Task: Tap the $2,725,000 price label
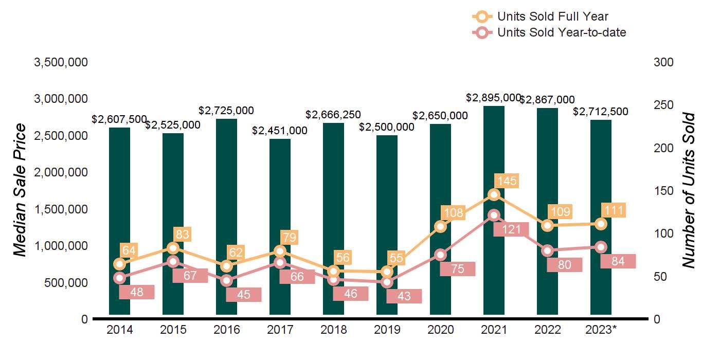(226, 111)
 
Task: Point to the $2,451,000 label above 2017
(280, 131)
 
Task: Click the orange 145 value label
(506, 181)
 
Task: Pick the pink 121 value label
(511, 229)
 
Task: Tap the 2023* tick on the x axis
(601, 330)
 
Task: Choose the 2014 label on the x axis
(119, 330)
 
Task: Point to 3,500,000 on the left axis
(61, 62)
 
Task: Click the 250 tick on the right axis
(663, 105)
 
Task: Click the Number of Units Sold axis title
(689, 190)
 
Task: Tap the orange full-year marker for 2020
(440, 226)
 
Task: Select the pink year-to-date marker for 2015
(173, 262)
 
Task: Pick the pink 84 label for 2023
(618, 261)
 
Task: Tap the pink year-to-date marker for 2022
(547, 251)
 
